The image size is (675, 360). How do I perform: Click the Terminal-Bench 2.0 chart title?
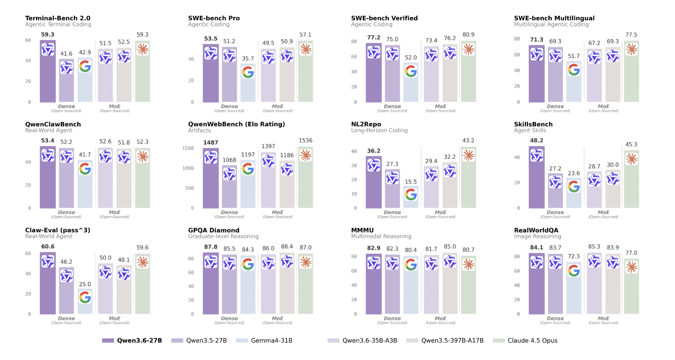[58, 18]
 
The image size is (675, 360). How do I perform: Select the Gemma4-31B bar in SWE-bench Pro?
[248, 83]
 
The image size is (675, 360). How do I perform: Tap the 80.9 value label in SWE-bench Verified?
[468, 35]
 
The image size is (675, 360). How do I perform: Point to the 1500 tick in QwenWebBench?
[188, 148]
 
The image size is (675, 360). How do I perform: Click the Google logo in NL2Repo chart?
[411, 194]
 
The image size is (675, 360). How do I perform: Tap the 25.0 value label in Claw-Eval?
[85, 284]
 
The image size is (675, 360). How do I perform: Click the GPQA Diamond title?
[214, 230]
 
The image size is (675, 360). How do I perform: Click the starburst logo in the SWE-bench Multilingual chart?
[631, 49]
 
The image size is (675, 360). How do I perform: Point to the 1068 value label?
[229, 160]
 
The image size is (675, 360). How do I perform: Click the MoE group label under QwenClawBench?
[114, 213]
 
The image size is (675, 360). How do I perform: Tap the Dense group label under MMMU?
[392, 318]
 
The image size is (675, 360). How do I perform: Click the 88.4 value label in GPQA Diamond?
[287, 247]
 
